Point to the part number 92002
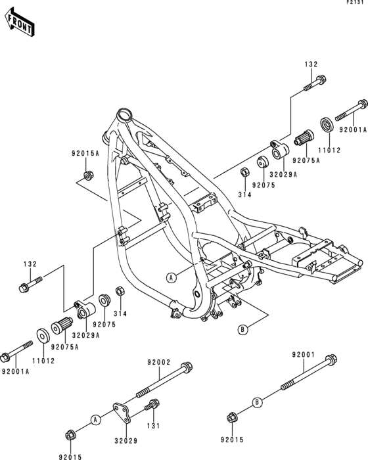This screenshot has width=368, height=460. pos(158,362)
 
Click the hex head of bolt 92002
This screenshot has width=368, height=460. pos(187,367)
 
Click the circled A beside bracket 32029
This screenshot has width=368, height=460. pos(95,419)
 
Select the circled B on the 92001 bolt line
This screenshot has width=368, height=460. pos(257,402)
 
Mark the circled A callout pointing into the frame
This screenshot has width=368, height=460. pos(171,277)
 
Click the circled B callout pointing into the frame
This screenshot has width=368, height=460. pos(242,329)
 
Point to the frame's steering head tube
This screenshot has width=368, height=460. pos(122,117)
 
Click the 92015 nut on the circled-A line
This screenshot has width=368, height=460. pos(70,434)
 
